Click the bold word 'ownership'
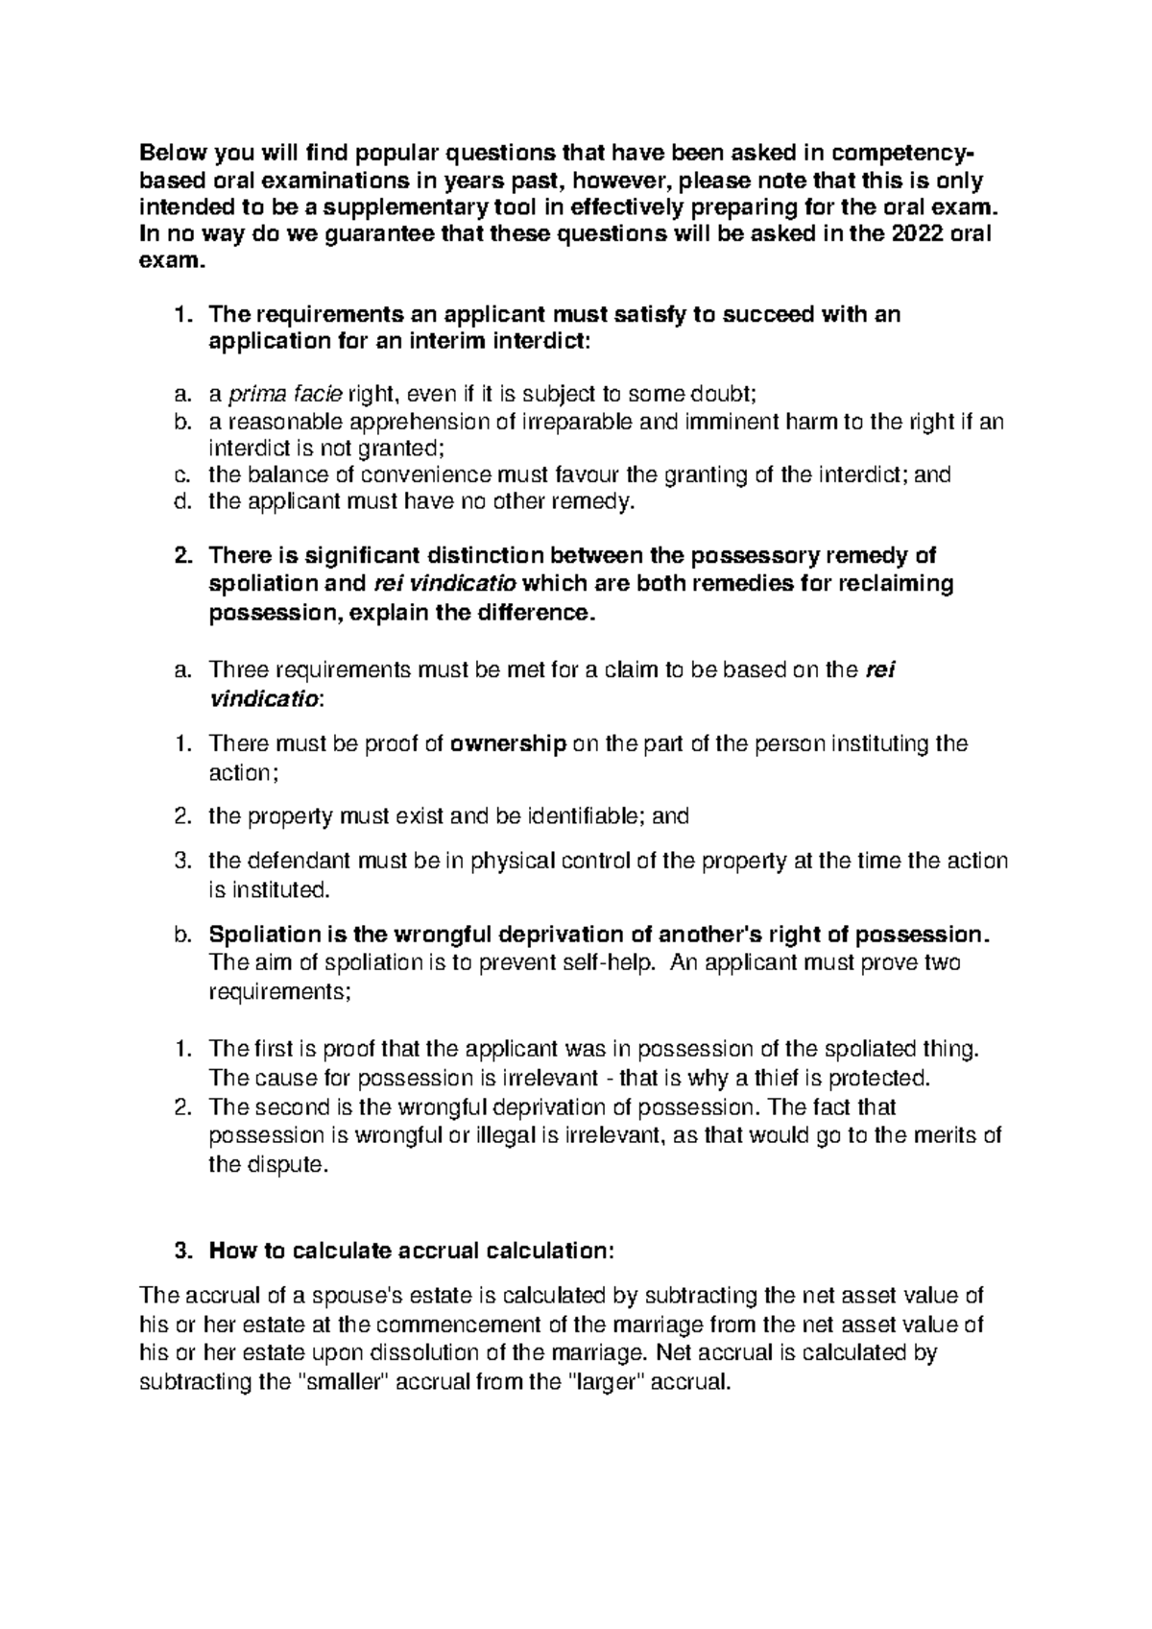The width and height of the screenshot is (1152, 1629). (x=508, y=743)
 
